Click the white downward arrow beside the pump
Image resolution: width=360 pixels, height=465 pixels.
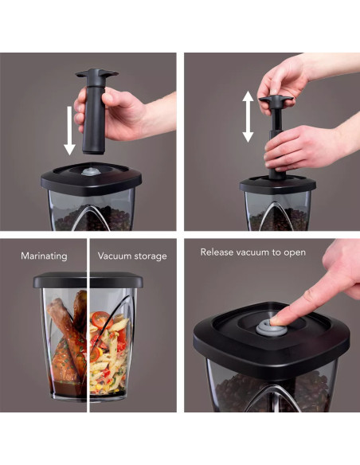(x=69, y=131)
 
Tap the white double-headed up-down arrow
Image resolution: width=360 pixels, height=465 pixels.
(x=248, y=116)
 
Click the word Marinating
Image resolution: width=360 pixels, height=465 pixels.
(x=44, y=256)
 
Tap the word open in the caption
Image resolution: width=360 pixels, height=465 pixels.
(x=295, y=253)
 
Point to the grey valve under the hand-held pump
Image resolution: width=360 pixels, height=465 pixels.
(x=88, y=171)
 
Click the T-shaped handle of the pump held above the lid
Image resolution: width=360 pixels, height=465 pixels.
(x=97, y=73)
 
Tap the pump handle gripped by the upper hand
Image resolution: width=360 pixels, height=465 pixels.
(x=276, y=100)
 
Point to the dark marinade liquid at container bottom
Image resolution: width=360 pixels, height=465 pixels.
(x=67, y=389)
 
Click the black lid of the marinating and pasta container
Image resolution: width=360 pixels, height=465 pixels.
(x=88, y=280)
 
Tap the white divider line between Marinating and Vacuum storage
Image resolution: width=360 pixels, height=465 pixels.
(x=88, y=326)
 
